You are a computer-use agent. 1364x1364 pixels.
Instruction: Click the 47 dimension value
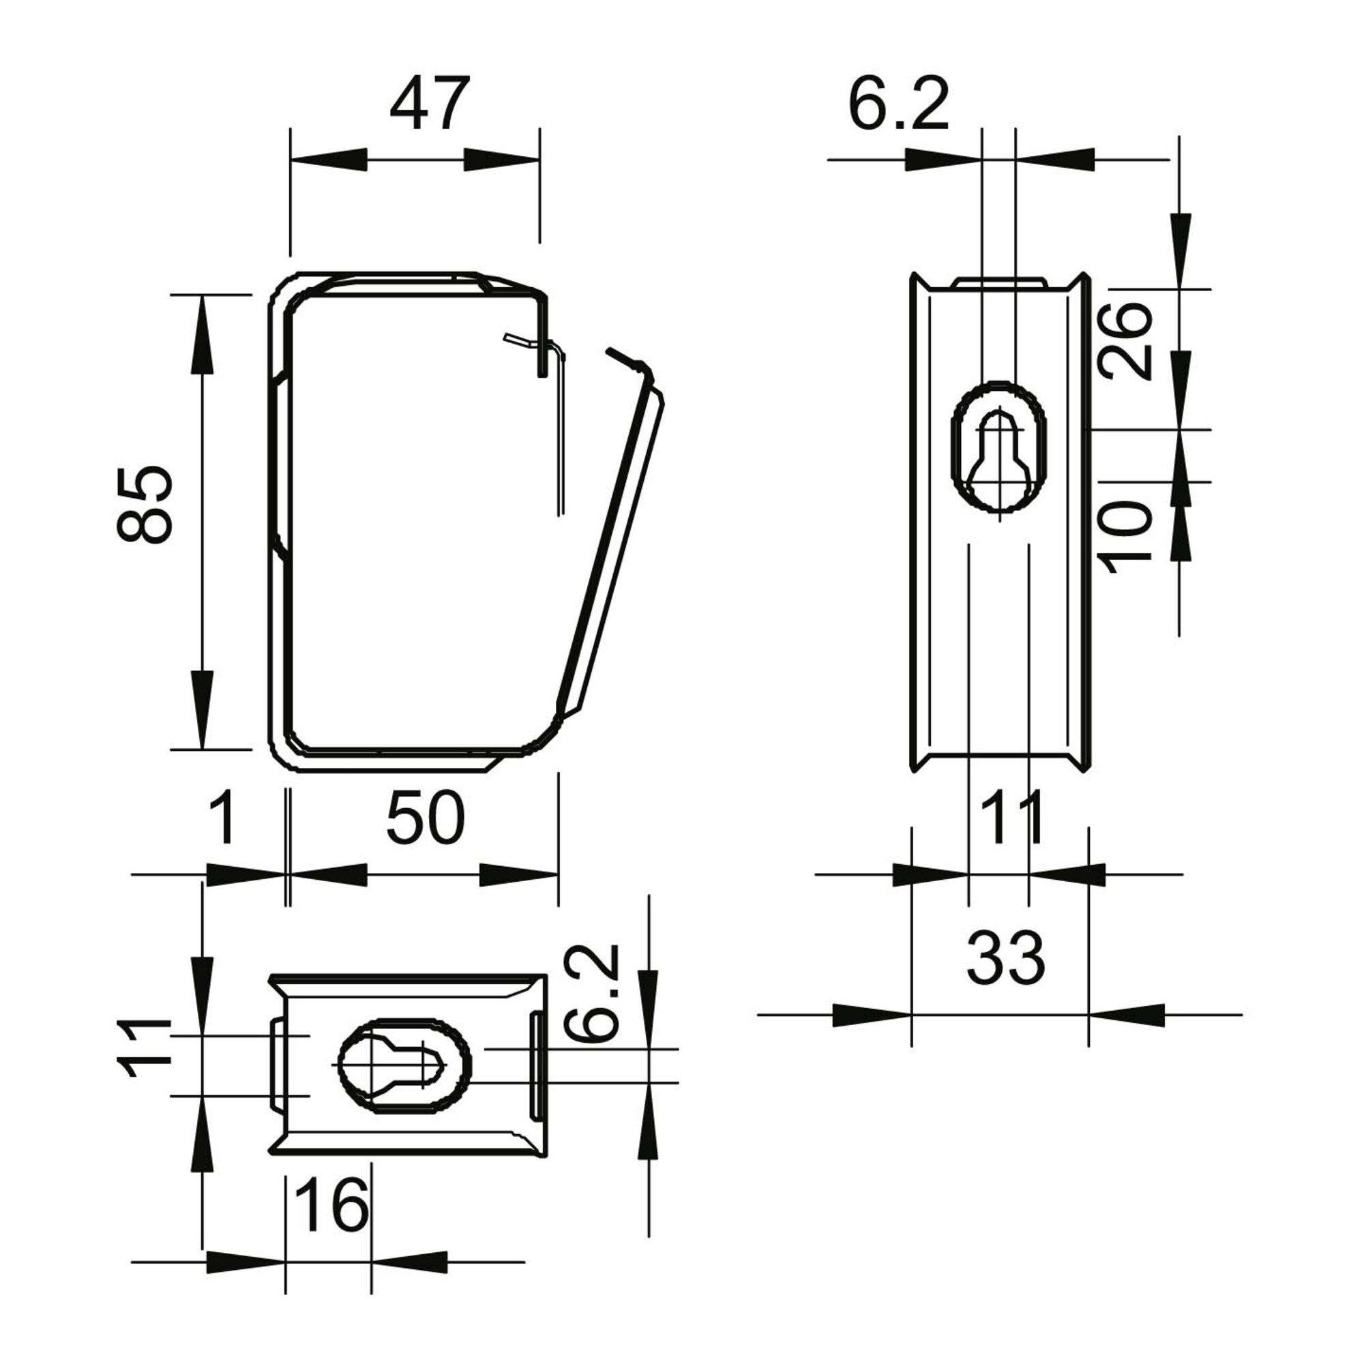[429, 104]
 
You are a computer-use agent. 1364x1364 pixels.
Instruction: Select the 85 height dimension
[144, 504]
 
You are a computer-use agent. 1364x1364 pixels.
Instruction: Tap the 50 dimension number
[426, 817]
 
